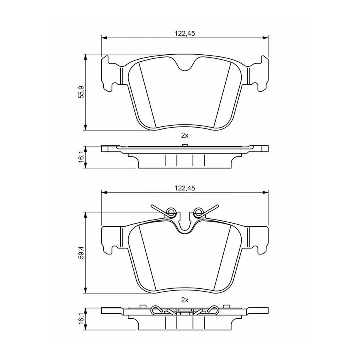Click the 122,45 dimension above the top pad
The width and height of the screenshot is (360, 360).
pyautogui.click(x=185, y=33)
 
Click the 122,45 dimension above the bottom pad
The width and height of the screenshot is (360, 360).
pyautogui.click(x=185, y=188)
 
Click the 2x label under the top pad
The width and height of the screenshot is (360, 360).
pyautogui.click(x=185, y=136)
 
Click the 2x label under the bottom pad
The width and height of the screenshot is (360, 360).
pyautogui.click(x=185, y=300)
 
